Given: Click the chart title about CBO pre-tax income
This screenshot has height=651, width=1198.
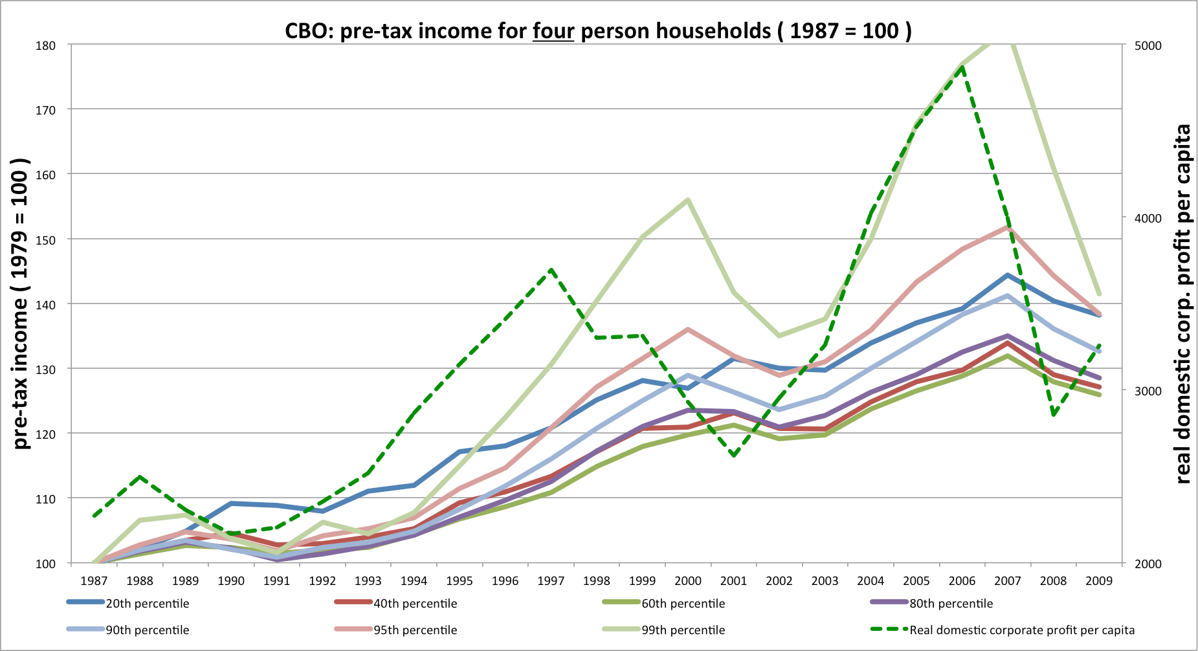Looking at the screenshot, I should pyautogui.click(x=598, y=30).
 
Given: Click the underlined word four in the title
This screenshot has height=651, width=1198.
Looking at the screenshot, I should pyautogui.click(x=553, y=30).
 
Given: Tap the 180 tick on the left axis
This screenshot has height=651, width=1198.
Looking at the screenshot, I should pyautogui.click(x=45, y=45).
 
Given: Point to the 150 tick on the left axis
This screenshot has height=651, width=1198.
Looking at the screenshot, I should pyautogui.click(x=45, y=239).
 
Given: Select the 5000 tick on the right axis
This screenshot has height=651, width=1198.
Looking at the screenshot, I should pyautogui.click(x=1148, y=45).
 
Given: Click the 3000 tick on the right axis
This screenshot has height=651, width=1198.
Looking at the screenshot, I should pyautogui.click(x=1148, y=391).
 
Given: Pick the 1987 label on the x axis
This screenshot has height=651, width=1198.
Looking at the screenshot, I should pyautogui.click(x=94, y=580).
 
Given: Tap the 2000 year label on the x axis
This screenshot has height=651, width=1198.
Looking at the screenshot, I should pyautogui.click(x=687, y=580).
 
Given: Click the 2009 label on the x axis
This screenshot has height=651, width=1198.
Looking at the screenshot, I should pyautogui.click(x=1099, y=580).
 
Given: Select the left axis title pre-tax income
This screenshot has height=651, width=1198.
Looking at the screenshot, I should pyautogui.click(x=21, y=304).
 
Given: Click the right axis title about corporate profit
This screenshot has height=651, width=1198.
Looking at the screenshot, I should pyautogui.click(x=1182, y=304).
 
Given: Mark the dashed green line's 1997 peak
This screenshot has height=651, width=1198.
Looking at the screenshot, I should pyautogui.click(x=551, y=269).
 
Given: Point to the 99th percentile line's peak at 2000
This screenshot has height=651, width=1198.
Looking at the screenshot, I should pyautogui.click(x=687, y=199).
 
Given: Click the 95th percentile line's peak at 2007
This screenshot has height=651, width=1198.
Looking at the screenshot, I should pyautogui.click(x=1008, y=226).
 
